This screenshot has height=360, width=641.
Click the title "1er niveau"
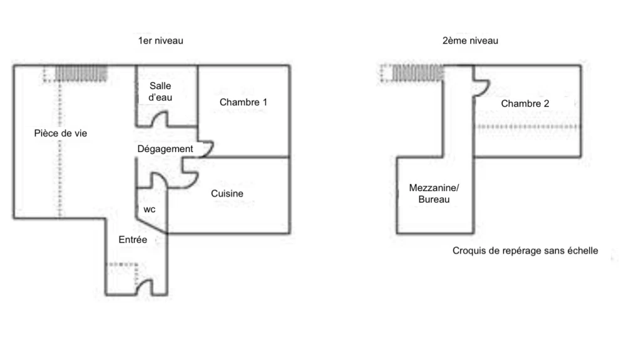tap(161, 41)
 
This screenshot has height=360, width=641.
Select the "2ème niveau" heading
tap(470, 41)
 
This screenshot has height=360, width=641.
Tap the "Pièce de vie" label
tap(61, 133)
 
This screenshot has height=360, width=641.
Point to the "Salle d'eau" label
tap(160, 91)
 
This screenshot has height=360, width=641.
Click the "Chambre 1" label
tap(244, 102)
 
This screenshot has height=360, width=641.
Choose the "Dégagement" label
tap(165, 149)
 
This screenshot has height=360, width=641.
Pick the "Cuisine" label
tap(227, 193)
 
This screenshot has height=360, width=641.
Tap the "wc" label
tap(150, 210)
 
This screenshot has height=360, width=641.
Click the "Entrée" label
tap(133, 240)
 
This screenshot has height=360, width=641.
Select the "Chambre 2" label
tap(525, 104)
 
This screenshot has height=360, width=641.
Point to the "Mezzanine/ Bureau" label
tap(434, 193)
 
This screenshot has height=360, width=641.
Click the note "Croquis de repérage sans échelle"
tap(525, 251)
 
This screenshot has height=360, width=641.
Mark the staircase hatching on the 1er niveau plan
tap(81, 74)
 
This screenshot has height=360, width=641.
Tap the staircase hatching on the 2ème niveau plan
tap(418, 73)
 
